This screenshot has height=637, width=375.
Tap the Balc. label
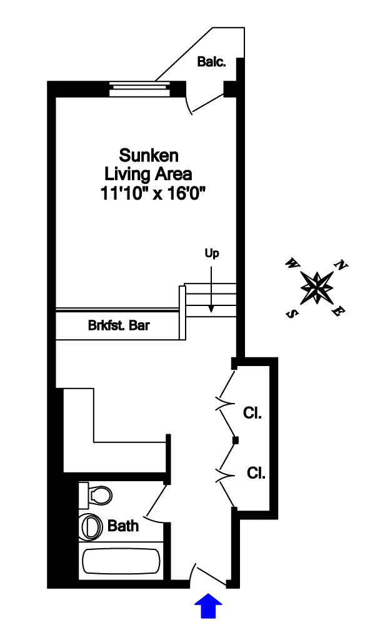tap(211, 62)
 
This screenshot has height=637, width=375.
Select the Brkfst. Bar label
tap(119, 326)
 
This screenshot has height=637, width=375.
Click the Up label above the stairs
tap(212, 253)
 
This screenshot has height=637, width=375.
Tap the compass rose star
tap(317, 287)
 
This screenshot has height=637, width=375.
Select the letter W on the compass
tap(291, 263)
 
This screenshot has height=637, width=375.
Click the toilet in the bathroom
tap(96, 496)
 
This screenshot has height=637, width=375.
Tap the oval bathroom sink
tap(91, 527)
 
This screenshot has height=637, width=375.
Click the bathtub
tap(121, 562)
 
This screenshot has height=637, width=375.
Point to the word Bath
tap(123, 526)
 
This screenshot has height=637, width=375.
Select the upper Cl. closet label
tap(252, 413)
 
